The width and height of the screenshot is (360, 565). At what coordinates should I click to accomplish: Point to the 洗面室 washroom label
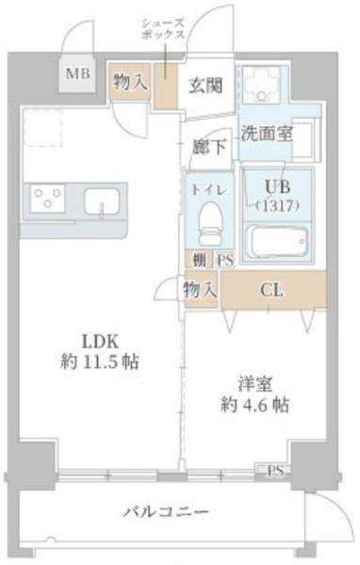[x=265, y=134]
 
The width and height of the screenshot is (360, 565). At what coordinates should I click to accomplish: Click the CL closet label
[x=273, y=290]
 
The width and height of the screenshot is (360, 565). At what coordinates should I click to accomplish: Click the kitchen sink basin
[x=100, y=201]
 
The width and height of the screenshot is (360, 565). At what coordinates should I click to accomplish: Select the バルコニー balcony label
[x=166, y=513]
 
